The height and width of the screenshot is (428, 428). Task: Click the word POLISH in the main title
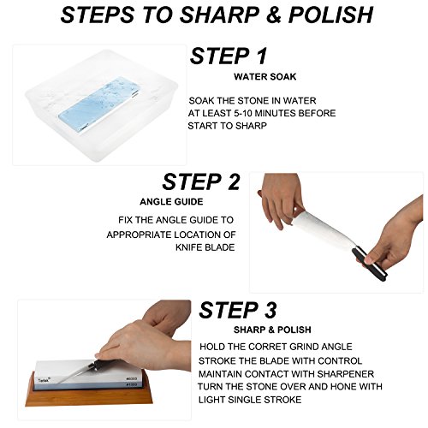point(330,15)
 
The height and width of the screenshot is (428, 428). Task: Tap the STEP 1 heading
point(229,56)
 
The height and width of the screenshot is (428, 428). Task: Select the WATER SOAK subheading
point(265,77)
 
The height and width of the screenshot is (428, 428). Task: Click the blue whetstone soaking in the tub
point(98,105)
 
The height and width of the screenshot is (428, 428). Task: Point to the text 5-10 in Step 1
point(243,113)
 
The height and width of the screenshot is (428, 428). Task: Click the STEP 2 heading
point(201,181)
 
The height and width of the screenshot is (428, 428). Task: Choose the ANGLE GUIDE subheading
point(171,202)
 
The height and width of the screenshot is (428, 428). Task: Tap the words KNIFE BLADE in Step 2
point(205,247)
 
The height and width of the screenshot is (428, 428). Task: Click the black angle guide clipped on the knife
point(370,263)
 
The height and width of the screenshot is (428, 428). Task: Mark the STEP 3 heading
point(238,310)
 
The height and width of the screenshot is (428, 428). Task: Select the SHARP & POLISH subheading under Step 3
point(272,330)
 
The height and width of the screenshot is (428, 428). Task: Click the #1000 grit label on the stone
point(131,385)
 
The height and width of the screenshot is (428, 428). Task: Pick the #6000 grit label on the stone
point(131,378)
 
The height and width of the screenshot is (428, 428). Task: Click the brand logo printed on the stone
point(44,380)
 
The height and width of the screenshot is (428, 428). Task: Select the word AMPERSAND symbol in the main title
point(274,15)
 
